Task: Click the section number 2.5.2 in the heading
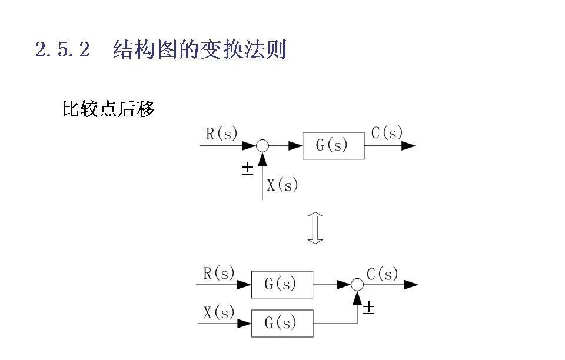[62, 50]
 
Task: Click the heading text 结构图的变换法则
[200, 50]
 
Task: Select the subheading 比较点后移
[108, 109]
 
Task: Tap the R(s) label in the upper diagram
[221, 134]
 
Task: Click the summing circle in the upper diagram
[262, 146]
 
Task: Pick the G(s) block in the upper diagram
[333, 146]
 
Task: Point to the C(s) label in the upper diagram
[387, 133]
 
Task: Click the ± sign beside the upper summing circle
[247, 169]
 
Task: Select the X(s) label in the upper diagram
[282, 185]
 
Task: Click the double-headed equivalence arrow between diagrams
[316, 228]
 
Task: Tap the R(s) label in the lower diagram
[219, 274]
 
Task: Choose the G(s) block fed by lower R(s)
[282, 285]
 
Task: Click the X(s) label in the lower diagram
[219, 312]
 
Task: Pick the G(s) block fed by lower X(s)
[282, 323]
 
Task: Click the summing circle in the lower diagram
[357, 285]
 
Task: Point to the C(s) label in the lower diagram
[383, 274]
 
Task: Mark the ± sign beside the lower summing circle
[368, 308]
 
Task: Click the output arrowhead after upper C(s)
[408, 146]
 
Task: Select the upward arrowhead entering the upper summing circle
[262, 158]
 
